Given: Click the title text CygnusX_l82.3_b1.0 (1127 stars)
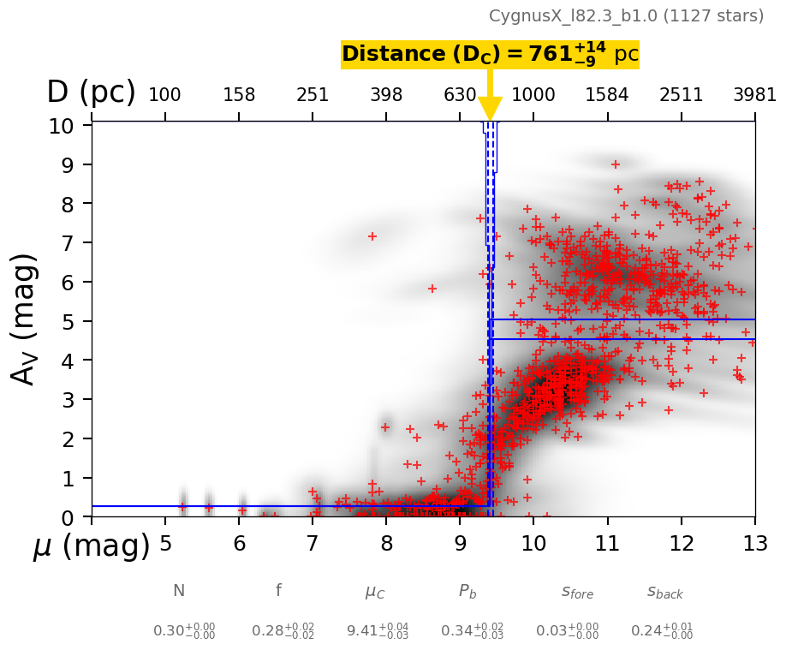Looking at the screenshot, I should tap(626, 16).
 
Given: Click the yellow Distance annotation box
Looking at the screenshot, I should tap(490, 55).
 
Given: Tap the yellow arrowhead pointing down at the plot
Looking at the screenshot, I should tap(490, 110).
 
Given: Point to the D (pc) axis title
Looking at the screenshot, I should tap(91, 92).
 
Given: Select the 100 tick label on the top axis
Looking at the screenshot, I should tap(164, 95).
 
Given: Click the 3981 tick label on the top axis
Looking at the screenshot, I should tap(754, 95).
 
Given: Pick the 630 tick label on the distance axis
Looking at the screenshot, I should tap(460, 95).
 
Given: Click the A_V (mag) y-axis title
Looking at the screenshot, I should tap(26, 319).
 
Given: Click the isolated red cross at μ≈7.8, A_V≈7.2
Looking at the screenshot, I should tap(372, 236).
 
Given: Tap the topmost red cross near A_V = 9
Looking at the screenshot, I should tap(615, 164).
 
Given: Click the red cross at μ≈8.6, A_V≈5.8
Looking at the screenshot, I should tap(432, 289).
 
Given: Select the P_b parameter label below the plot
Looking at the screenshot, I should tap(467, 591).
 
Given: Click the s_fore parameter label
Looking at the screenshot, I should tap(577, 592).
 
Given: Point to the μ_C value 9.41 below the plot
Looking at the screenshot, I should tap(377, 631).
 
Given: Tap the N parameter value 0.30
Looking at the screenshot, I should tap(184, 631).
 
